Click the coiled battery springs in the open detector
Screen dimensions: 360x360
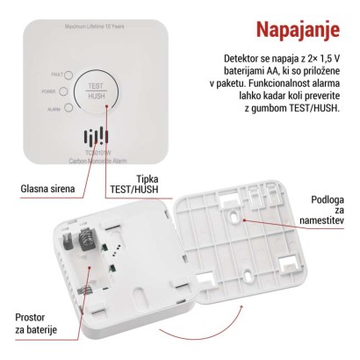[87, 241]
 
